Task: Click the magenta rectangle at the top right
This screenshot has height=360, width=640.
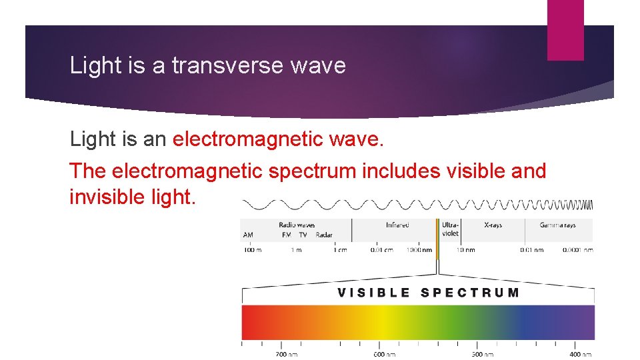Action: (565, 29)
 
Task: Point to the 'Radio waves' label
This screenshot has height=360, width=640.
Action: (297, 225)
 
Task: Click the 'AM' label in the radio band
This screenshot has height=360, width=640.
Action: (248, 235)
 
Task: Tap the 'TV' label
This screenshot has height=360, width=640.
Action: (303, 235)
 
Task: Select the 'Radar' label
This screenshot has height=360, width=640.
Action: (323, 235)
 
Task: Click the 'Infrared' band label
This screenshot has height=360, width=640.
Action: (397, 225)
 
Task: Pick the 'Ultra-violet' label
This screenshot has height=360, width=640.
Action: (450, 229)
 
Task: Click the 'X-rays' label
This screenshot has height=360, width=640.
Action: (493, 225)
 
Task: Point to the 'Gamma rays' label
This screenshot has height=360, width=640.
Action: (557, 225)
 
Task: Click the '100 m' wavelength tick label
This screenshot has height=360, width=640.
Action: (252, 250)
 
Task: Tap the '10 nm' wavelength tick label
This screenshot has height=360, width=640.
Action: (465, 250)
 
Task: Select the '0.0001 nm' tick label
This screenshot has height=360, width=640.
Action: (577, 250)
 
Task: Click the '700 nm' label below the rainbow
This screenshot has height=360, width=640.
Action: (287, 354)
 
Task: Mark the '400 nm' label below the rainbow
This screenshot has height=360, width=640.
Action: (580, 354)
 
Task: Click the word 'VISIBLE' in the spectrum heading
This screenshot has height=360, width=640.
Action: (374, 293)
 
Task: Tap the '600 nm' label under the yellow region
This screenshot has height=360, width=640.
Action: (384, 354)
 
